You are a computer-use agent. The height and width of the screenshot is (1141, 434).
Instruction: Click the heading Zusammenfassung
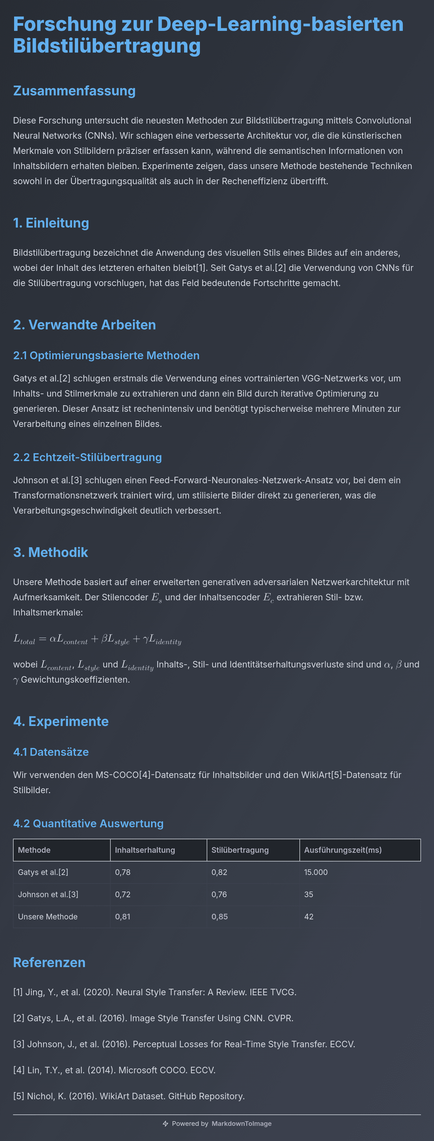point(74,91)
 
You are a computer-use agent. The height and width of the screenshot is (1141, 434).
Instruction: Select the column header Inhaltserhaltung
point(145,850)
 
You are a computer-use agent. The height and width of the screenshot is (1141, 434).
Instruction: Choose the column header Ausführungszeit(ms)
point(342,850)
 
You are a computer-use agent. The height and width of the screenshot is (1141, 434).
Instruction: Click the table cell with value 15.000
point(316,872)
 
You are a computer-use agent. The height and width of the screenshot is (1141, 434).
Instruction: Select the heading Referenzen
point(49,962)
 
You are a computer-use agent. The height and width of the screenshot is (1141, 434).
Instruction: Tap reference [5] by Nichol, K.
point(129,1096)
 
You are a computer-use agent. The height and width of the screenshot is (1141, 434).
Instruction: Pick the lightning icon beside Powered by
point(165,1124)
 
